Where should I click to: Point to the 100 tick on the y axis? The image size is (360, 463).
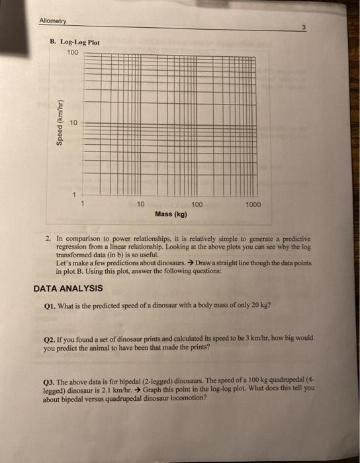(x=72, y=52)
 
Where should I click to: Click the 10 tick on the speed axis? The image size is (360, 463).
(x=74, y=122)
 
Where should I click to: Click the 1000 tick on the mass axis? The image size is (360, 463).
(x=253, y=205)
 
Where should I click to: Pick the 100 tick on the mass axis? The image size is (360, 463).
(x=197, y=205)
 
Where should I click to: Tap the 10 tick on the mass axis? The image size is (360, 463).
(x=140, y=205)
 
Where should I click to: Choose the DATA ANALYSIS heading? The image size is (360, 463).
(x=68, y=288)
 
